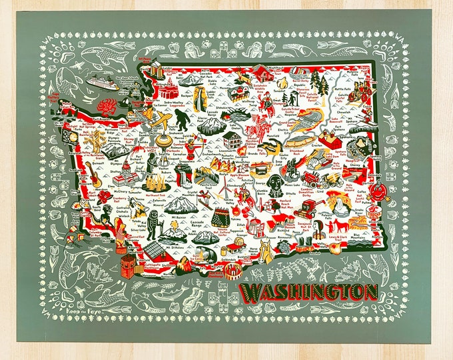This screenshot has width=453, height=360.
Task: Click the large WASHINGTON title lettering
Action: [309, 291]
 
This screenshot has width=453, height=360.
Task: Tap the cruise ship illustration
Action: [102, 83]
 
